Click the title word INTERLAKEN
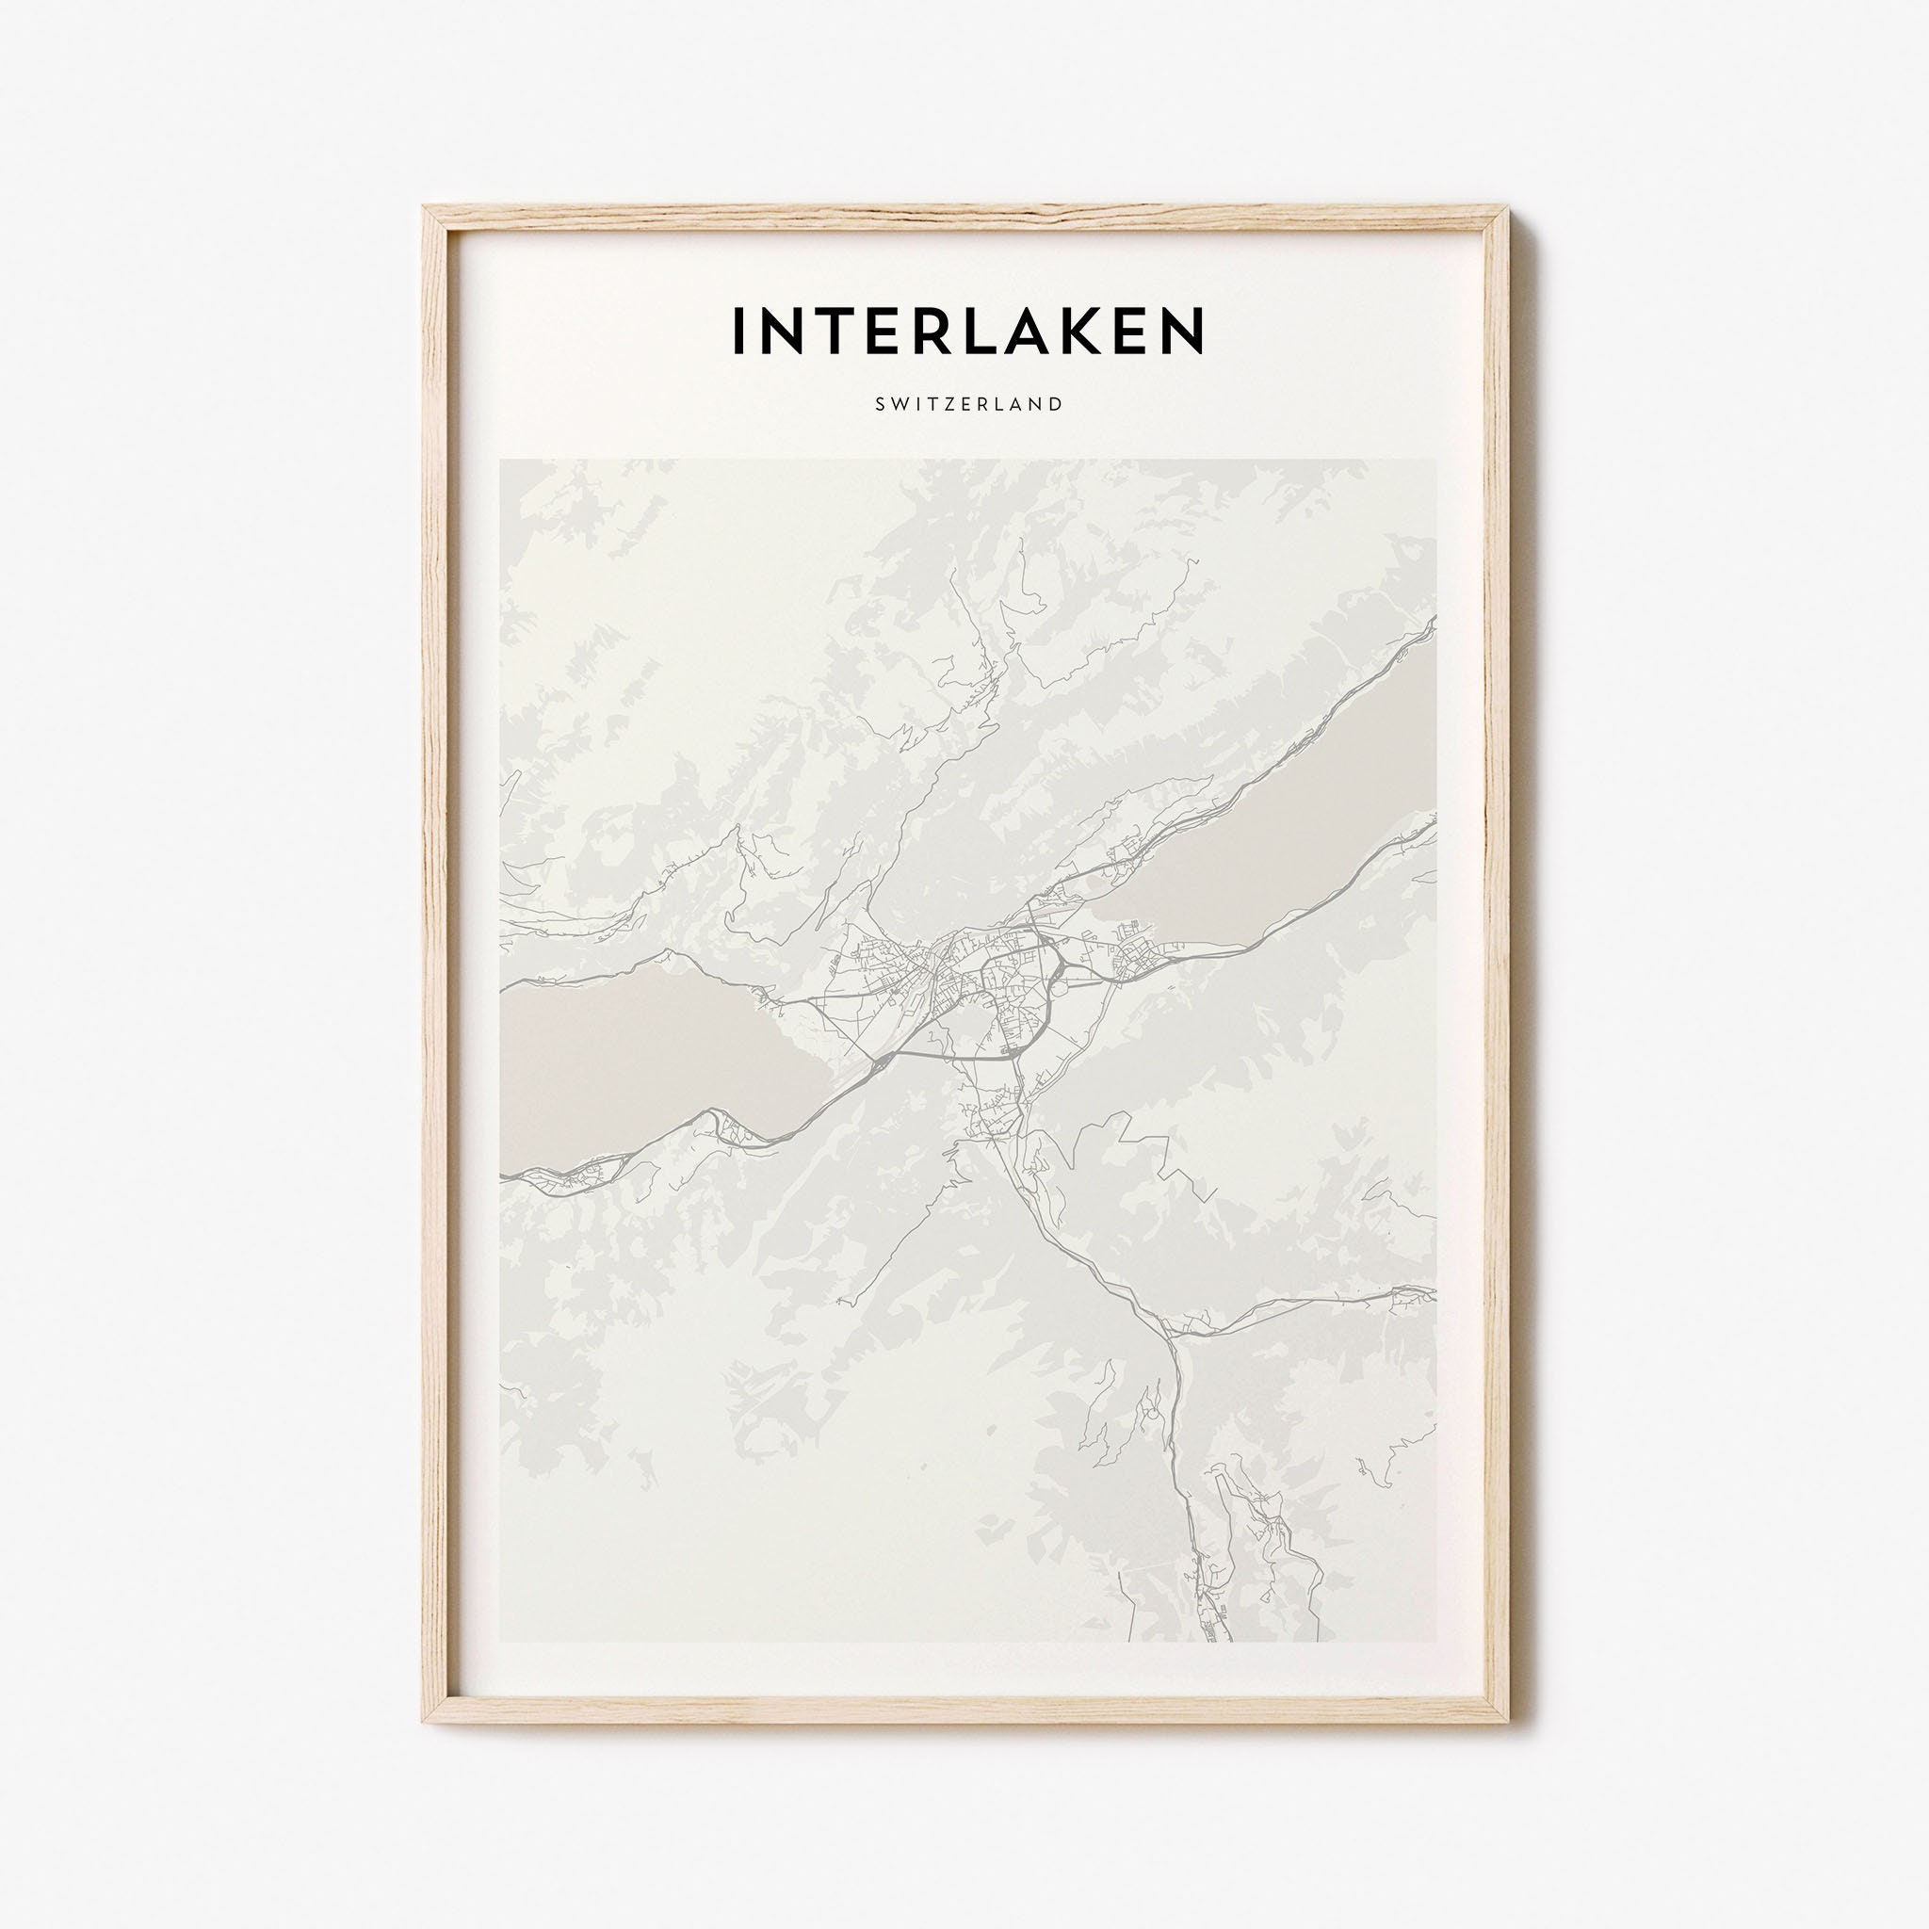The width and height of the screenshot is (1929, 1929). (967, 331)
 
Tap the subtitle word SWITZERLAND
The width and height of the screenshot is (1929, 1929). (967, 404)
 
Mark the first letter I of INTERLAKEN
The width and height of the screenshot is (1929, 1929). (739, 331)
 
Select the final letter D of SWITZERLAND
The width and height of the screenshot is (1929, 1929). (1054, 404)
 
